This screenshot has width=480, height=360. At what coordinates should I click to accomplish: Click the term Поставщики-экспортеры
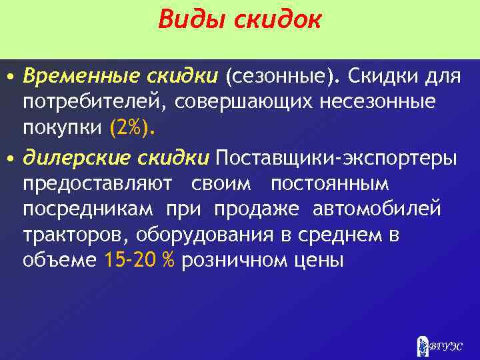click(x=336, y=159)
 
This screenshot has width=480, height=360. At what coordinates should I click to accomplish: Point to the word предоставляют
click(x=97, y=184)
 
